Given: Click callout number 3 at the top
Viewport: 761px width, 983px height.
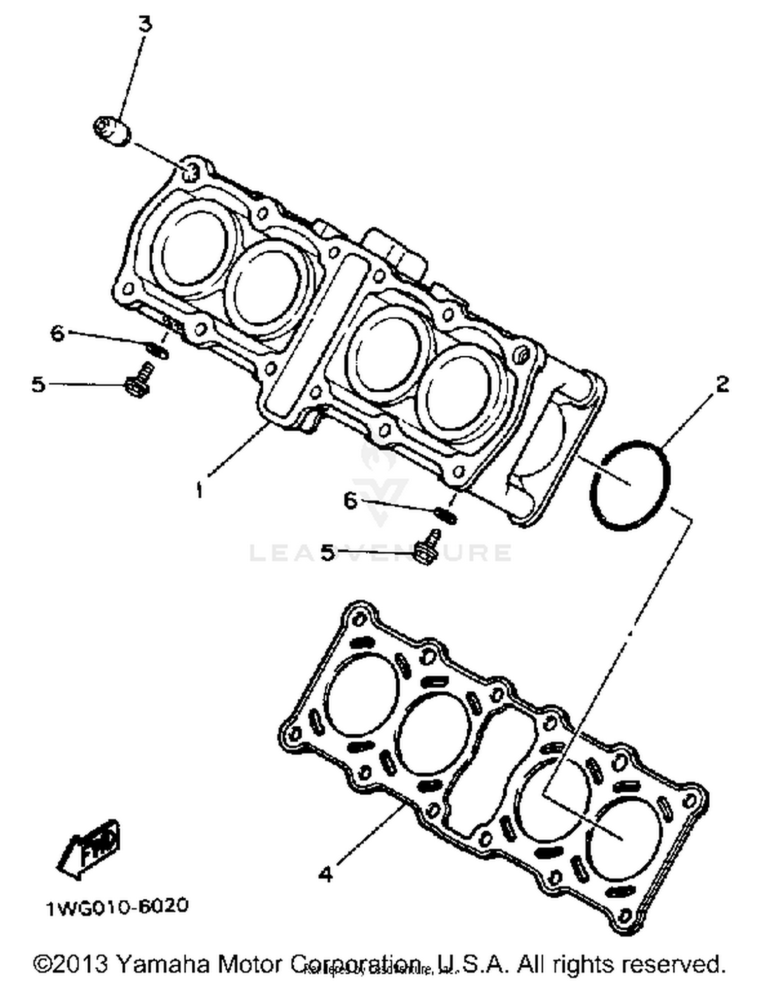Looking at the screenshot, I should [x=146, y=24].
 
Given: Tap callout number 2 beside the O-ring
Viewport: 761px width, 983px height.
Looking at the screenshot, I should [x=722, y=384].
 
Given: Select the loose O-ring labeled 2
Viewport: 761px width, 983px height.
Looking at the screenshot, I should [x=630, y=486].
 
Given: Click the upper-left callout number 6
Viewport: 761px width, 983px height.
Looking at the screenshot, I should [x=57, y=333].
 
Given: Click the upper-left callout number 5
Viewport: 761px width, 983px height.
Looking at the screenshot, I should [x=39, y=384].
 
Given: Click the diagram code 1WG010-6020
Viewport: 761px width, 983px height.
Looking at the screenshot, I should [x=117, y=906].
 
